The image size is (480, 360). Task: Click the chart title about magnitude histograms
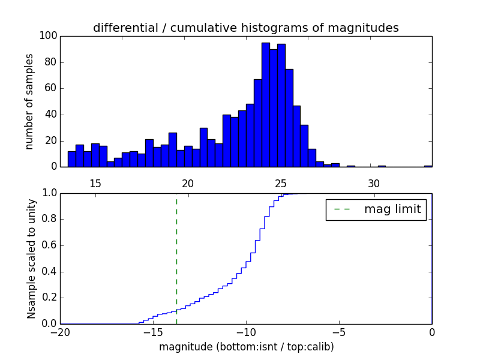click(x=245, y=28)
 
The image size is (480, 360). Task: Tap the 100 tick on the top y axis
click(x=49, y=36)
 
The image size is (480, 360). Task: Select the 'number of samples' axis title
click(x=29, y=101)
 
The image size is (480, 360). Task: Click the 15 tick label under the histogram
click(x=95, y=183)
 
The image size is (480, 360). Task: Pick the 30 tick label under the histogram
click(x=374, y=183)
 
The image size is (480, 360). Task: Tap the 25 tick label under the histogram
click(x=281, y=183)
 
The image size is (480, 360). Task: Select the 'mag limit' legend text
click(x=392, y=209)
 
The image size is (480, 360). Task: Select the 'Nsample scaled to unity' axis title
click(x=31, y=259)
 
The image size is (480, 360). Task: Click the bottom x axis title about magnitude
click(x=246, y=347)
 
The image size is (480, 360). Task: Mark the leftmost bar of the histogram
click(x=71, y=159)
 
